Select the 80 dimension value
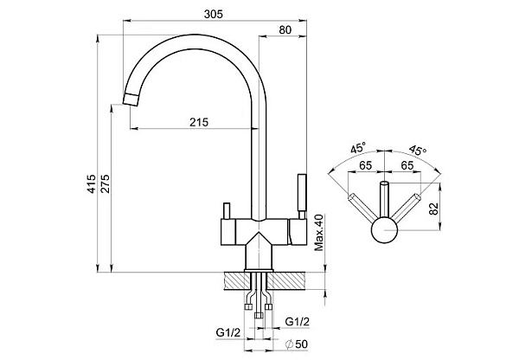[285, 32]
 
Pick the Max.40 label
[319, 231]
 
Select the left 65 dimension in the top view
[367, 168]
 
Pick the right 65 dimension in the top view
[405, 168]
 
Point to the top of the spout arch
[197, 38]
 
